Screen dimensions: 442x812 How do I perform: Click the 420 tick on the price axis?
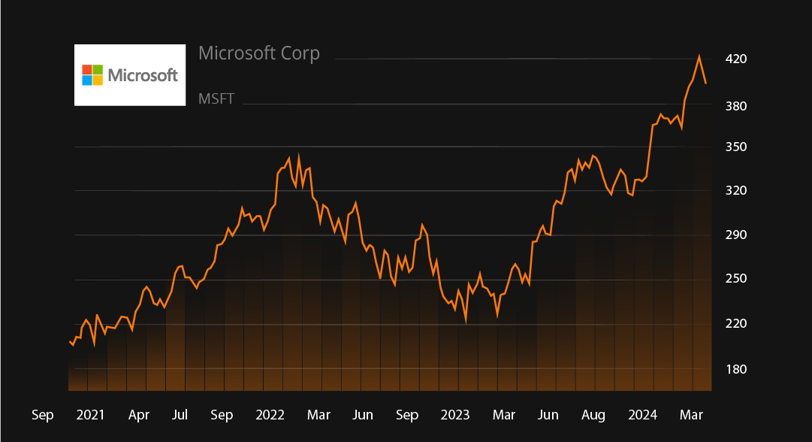pyautogui.click(x=736, y=59)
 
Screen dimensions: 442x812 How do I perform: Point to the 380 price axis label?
pyautogui.click(x=736, y=106)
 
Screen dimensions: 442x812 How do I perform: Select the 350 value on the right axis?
pyautogui.click(x=736, y=147)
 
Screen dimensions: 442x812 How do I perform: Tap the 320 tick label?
pyautogui.click(x=736, y=191)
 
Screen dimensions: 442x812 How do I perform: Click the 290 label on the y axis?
pyautogui.click(x=736, y=235)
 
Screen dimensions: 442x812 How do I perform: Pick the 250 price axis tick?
pyautogui.click(x=736, y=279)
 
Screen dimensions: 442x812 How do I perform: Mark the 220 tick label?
pyautogui.click(x=736, y=324)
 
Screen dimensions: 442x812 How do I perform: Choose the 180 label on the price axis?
pyautogui.click(x=736, y=369)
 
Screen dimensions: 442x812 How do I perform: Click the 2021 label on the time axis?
pyautogui.click(x=91, y=415)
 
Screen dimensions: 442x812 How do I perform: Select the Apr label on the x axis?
pyautogui.click(x=138, y=415)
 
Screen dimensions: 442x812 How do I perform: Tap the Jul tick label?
pyautogui.click(x=180, y=415)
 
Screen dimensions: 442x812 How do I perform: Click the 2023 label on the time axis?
pyautogui.click(x=455, y=415)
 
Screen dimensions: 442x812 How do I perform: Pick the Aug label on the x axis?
pyautogui.click(x=593, y=415)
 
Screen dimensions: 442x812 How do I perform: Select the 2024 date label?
pyautogui.click(x=643, y=415)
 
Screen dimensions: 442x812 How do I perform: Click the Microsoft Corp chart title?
pyautogui.click(x=259, y=53)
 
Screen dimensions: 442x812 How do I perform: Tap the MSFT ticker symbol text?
pyautogui.click(x=216, y=98)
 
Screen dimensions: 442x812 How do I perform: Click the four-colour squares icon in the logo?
pyautogui.click(x=92, y=75)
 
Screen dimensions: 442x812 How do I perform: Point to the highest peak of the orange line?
pyautogui.click(x=699, y=56)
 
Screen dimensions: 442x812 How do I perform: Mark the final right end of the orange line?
pyautogui.click(x=706, y=83)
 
